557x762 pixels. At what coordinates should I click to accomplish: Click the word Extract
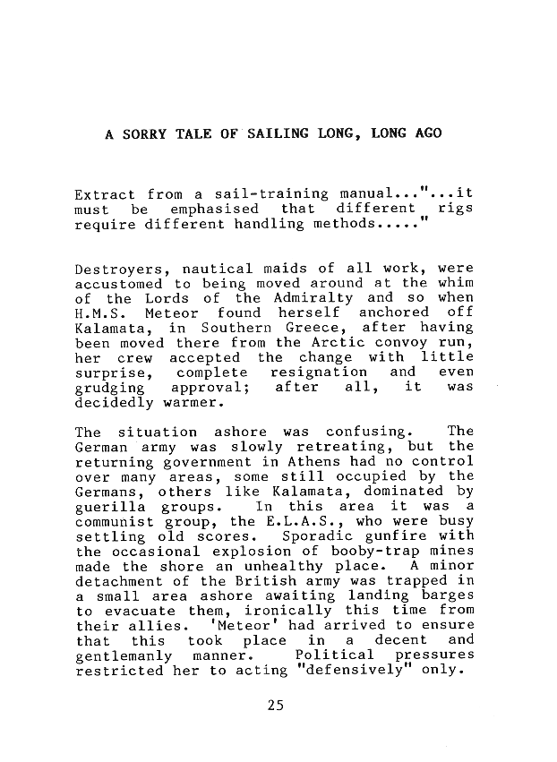click(x=105, y=193)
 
